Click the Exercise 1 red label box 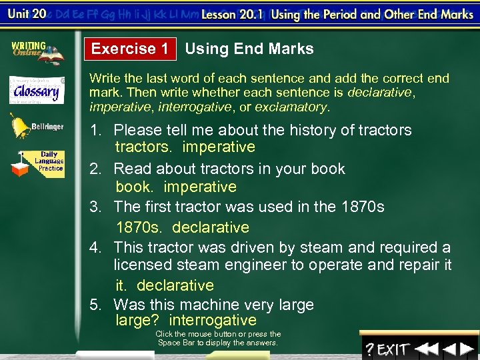[130, 49]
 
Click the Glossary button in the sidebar [36, 90]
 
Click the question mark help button [369, 349]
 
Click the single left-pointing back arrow [449, 349]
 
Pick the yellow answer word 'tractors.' [143, 147]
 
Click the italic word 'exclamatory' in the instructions [292, 107]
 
